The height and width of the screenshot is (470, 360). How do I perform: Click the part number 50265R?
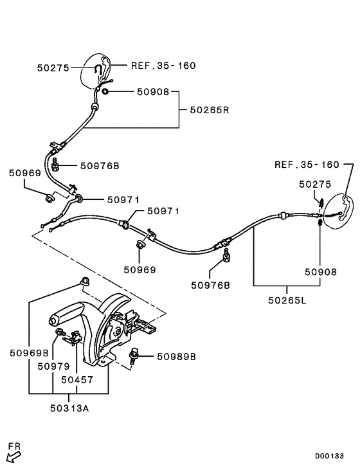pos(209,110)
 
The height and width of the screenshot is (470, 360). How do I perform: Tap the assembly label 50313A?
pos(70,406)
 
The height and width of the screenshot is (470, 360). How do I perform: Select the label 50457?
pos(78,379)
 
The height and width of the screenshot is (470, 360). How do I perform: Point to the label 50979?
pos(54,366)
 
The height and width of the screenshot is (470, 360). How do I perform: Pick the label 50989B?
pos(176,355)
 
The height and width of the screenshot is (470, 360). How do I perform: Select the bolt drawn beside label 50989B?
pos(136,355)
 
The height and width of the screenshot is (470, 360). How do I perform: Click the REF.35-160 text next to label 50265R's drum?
pos(163,65)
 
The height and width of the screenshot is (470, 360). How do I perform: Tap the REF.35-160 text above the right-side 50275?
pos(307,164)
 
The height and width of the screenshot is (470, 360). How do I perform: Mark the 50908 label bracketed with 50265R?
pos(152,92)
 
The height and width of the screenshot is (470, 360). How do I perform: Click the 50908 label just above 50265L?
pos(320,272)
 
